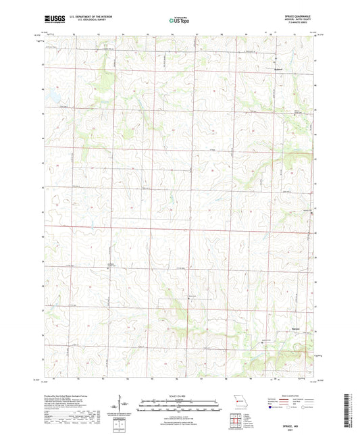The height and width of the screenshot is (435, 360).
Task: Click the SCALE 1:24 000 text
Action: (180, 396)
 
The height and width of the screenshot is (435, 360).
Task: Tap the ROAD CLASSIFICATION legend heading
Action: (294, 396)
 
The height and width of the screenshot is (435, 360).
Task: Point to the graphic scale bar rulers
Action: (180, 405)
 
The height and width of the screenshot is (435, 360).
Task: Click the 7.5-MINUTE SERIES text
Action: (303, 26)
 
